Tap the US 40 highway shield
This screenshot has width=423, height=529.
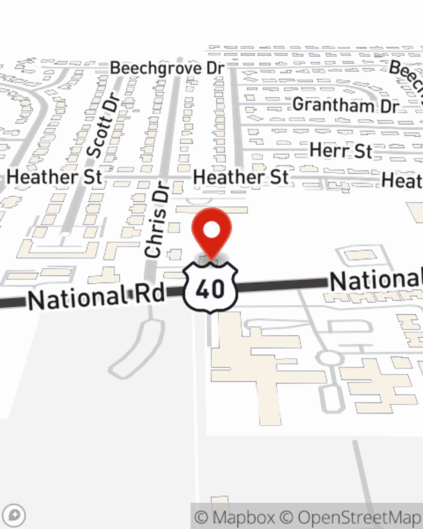[210, 288]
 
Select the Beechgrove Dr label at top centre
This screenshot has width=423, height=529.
[167, 68]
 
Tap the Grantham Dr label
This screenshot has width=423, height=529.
[346, 105]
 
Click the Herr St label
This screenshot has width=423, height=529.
[341, 151]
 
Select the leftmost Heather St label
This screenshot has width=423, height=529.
[55, 177]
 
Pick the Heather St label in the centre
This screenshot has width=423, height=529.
[241, 177]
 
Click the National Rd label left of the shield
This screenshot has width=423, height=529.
[96, 297]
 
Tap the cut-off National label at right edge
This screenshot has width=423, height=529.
[376, 280]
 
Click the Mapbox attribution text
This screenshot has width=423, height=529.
[236, 517]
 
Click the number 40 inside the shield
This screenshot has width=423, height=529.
[210, 289]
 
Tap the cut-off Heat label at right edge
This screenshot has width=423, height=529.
[402, 181]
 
